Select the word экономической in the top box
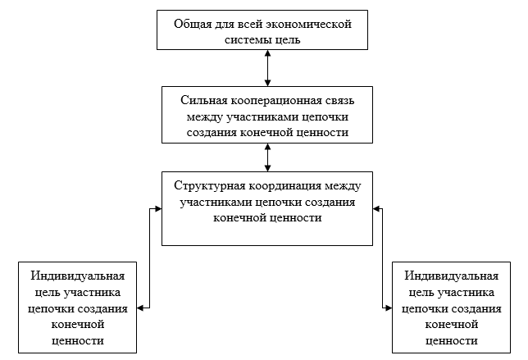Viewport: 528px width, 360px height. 312,23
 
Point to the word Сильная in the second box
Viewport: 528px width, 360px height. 201,100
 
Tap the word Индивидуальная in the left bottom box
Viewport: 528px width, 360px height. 78,276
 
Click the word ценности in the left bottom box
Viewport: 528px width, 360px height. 78,340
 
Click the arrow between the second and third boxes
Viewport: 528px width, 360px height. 268,154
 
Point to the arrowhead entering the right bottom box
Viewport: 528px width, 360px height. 389,308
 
